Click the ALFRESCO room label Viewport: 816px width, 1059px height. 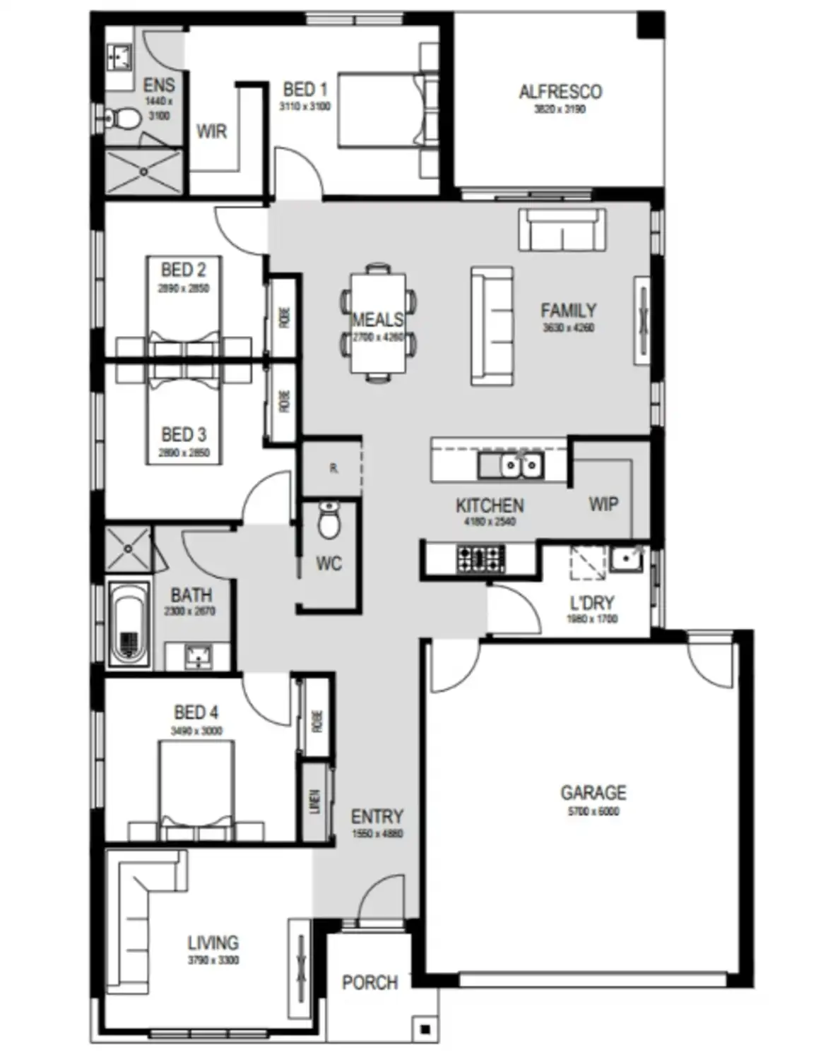tap(560, 92)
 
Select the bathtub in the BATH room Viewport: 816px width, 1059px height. tap(128, 623)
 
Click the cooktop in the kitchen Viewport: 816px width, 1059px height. tap(480, 558)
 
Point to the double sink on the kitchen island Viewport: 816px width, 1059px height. tap(521, 465)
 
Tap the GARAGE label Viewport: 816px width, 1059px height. tap(593, 792)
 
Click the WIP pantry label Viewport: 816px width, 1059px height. tap(603, 504)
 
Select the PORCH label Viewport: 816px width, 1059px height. tap(369, 982)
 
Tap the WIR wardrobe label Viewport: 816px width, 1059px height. tap(211, 131)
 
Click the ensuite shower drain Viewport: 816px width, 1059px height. tap(143, 170)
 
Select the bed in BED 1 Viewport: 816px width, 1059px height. tap(382, 109)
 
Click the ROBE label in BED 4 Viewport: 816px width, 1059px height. tap(317, 720)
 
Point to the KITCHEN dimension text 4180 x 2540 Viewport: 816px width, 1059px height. tap(490, 522)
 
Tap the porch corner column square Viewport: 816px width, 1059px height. tap(425, 1029)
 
